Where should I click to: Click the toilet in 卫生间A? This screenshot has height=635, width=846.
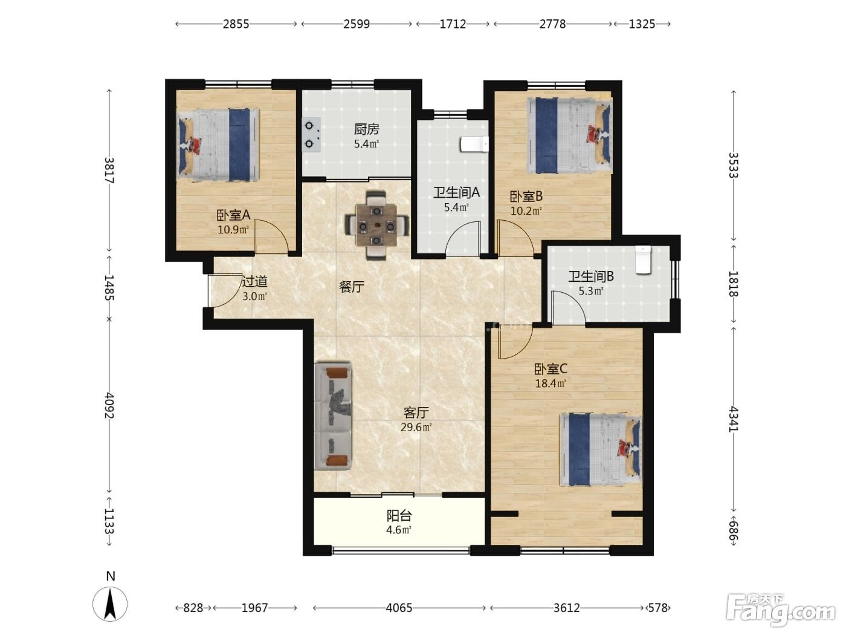[474, 145]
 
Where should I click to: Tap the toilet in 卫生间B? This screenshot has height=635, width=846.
[643, 260]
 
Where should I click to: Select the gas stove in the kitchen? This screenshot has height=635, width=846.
[311, 135]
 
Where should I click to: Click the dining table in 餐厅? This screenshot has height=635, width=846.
[376, 226]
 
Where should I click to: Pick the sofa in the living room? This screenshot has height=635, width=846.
[333, 415]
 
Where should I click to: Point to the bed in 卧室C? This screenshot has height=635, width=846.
[601, 449]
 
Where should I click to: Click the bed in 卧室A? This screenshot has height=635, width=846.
[218, 145]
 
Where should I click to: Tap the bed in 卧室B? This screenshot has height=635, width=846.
[570, 135]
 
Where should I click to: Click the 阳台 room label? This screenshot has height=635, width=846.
[399, 515]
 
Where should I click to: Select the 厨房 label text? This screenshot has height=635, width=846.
[367, 129]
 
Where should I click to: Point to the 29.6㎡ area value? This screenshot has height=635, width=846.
[416, 427]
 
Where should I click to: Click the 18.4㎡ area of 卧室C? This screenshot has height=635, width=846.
[551, 383]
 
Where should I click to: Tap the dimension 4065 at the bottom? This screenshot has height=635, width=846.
[399, 608]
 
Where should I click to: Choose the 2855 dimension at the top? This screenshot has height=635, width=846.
[236, 24]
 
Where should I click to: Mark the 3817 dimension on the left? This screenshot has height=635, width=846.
[109, 170]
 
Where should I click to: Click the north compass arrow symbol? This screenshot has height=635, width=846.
[110, 604]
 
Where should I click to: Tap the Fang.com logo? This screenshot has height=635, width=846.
[781, 610]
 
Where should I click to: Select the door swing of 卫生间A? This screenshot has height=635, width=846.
[463, 239]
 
